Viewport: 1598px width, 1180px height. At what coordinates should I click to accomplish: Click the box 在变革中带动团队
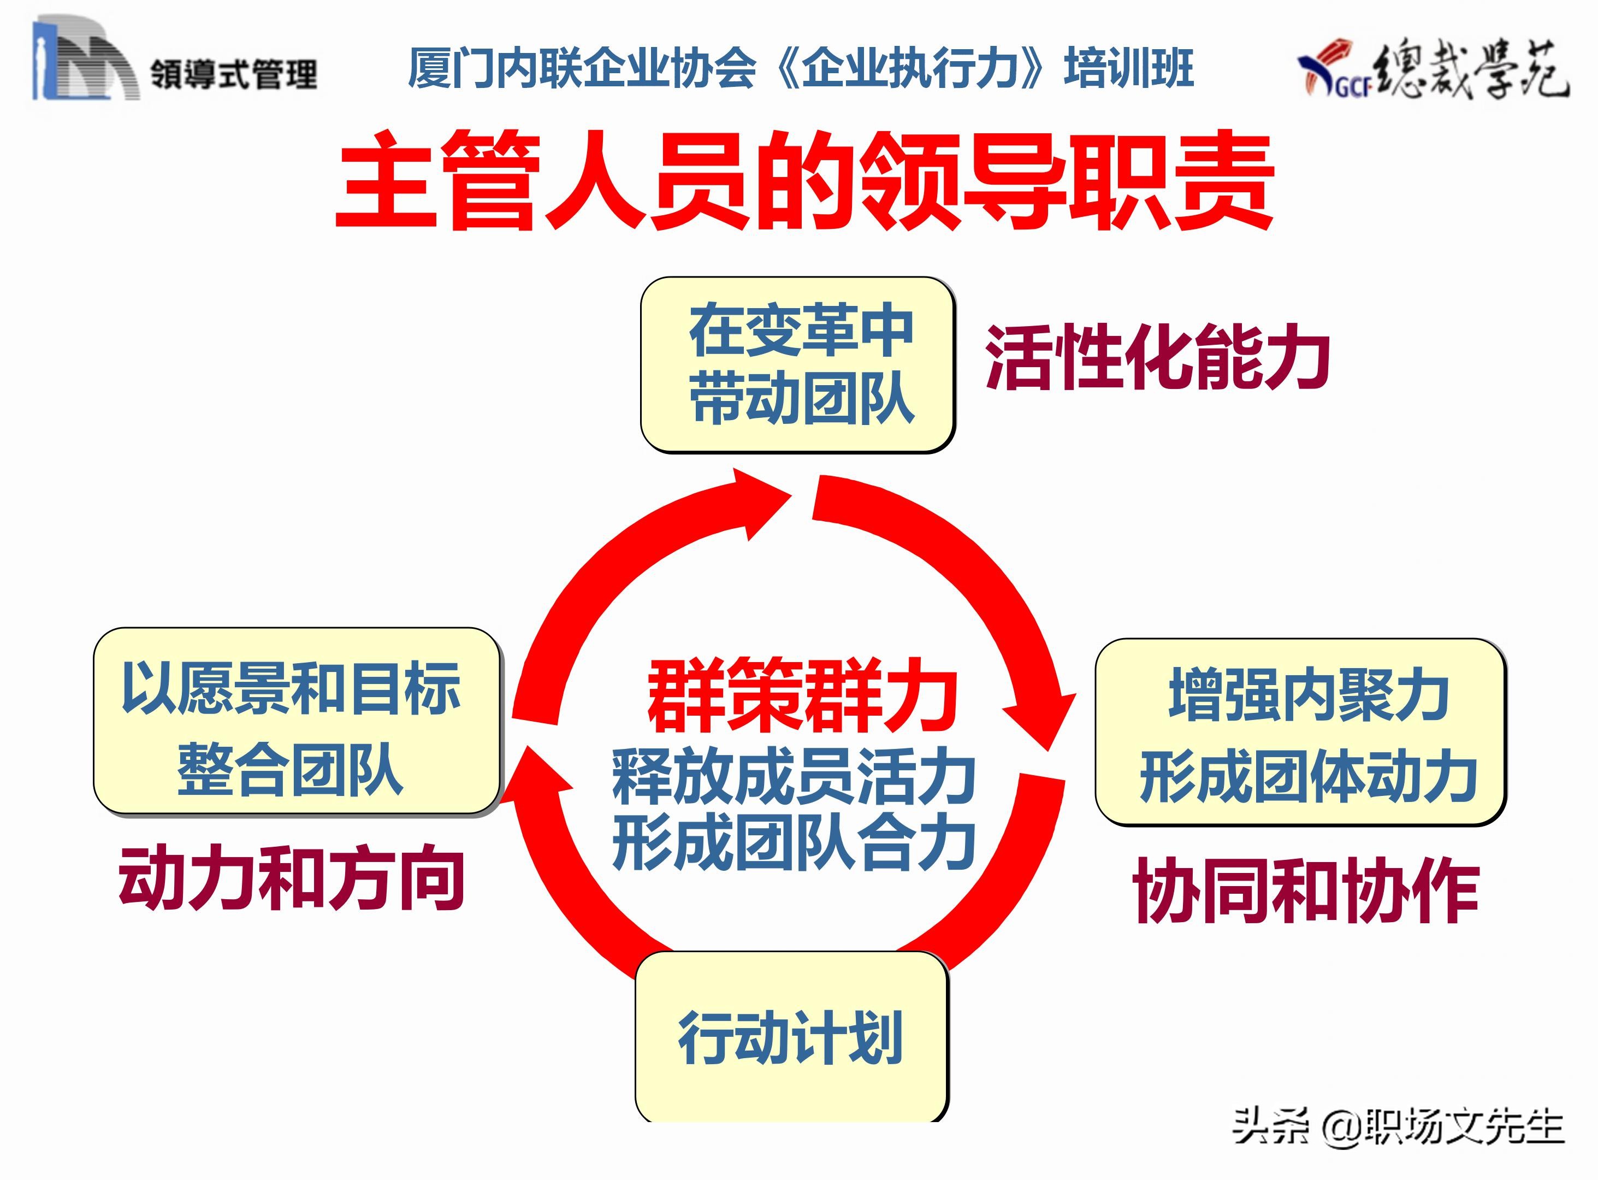point(797,364)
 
